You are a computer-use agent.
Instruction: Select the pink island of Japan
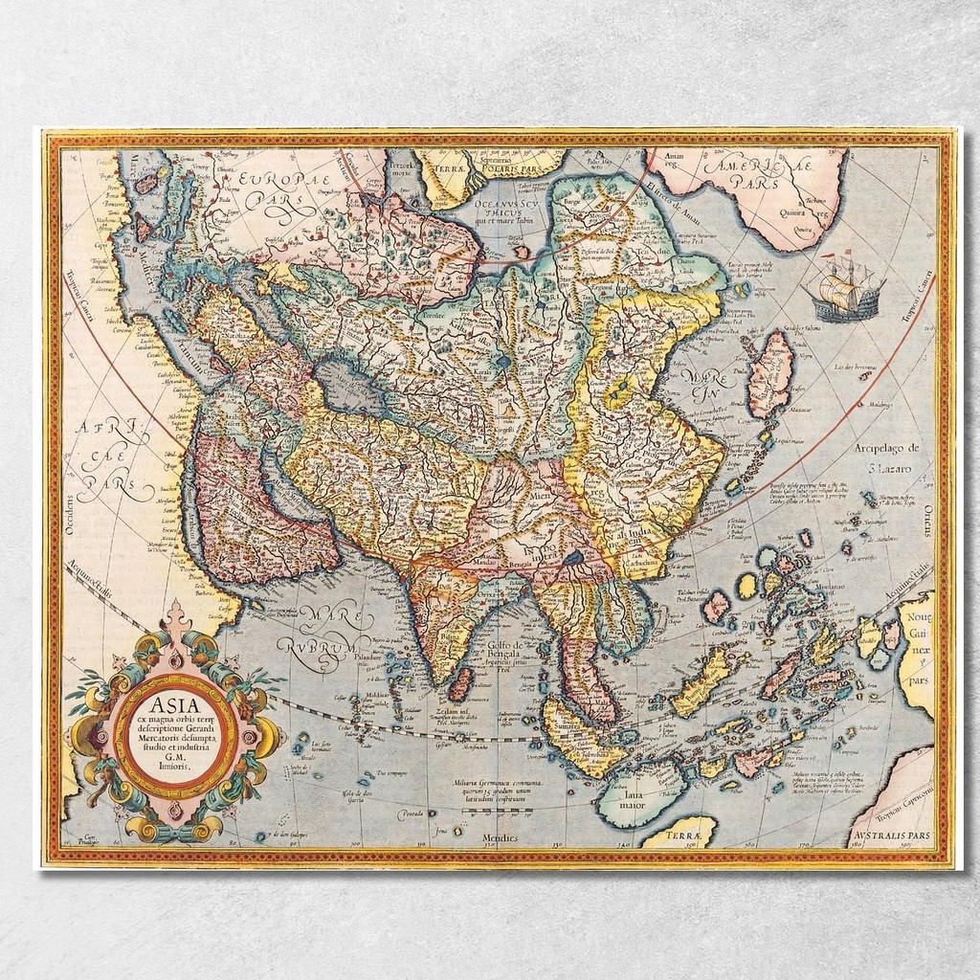770,373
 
